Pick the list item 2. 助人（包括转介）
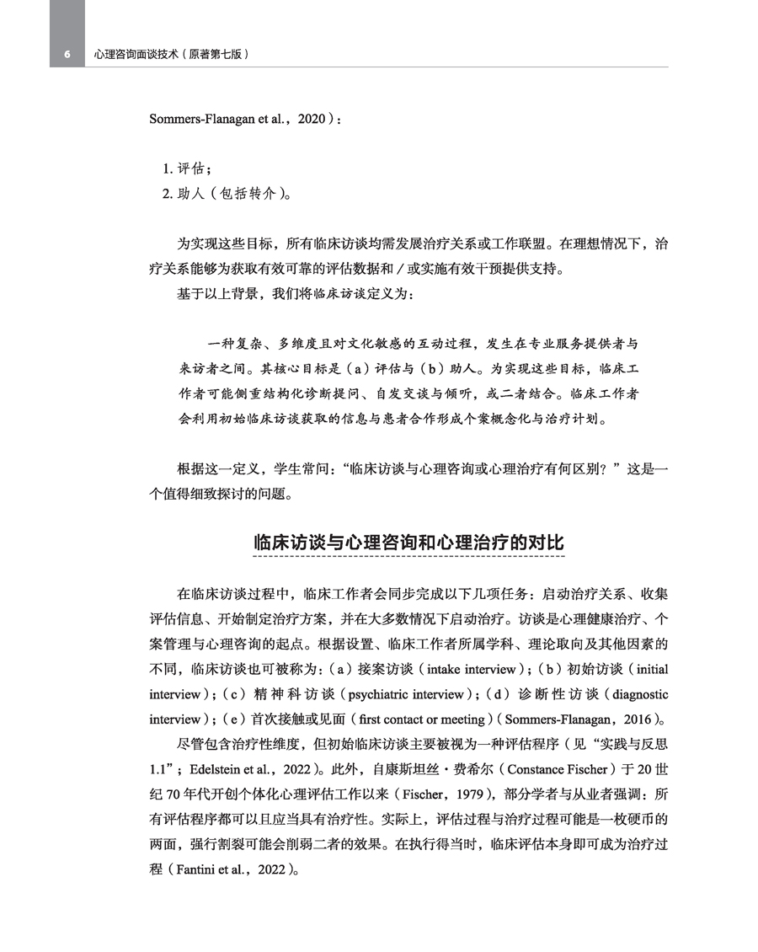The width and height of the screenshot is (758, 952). tap(227, 193)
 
